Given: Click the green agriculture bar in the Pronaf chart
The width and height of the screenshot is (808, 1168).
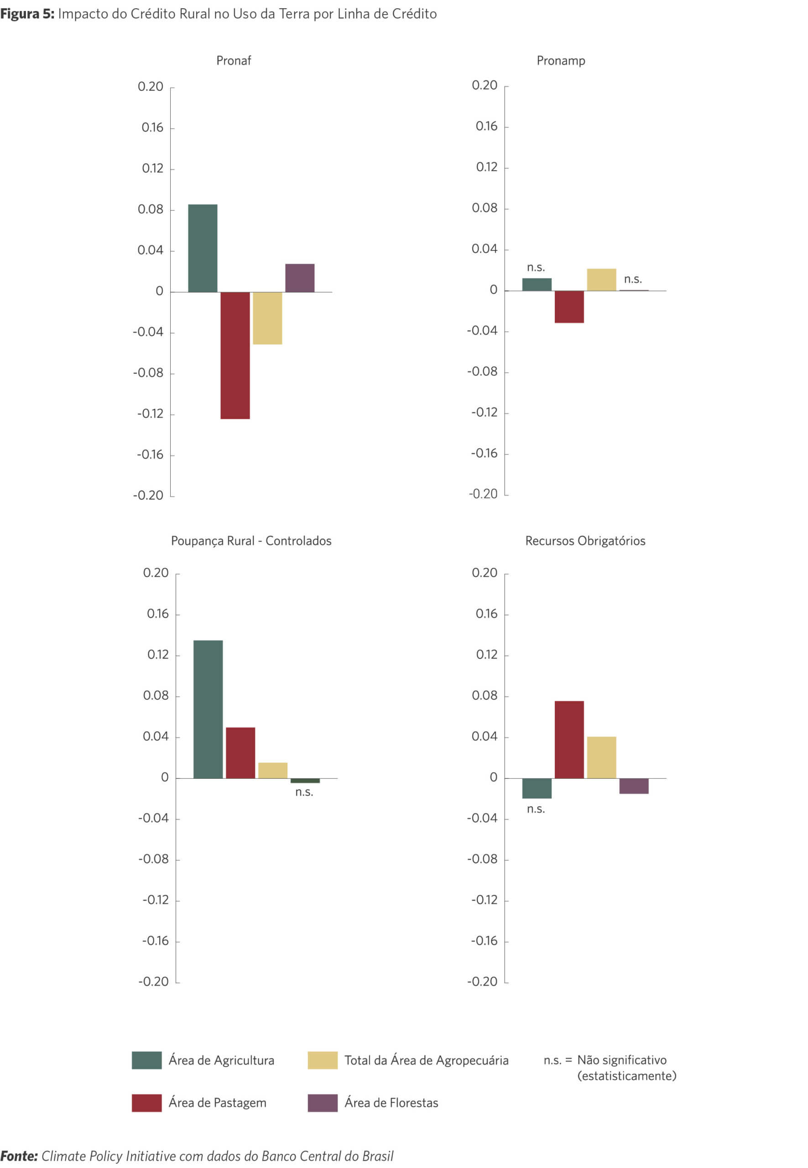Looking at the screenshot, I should coord(203,248).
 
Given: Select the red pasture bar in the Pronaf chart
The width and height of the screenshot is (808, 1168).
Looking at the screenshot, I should coord(235,355).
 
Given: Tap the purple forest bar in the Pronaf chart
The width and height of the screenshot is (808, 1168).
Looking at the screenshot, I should coord(300,278).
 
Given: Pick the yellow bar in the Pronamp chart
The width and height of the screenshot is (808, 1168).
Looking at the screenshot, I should coord(601,280).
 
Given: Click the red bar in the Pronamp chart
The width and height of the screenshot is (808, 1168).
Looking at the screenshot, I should coord(569,307).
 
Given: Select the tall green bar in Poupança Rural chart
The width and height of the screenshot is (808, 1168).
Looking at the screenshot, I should coord(208,709).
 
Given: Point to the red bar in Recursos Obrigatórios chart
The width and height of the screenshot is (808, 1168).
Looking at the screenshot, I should coord(569,739).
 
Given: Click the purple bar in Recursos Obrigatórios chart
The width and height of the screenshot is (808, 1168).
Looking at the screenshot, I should coord(634,786).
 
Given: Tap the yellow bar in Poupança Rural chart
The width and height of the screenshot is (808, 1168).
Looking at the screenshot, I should coord(273,770).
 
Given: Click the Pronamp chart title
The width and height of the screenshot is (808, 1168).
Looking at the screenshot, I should coord(561,61).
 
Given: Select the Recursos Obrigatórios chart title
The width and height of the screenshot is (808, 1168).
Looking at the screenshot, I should coord(585,541).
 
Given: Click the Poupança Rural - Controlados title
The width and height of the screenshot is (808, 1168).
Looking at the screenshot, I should coord(251,541).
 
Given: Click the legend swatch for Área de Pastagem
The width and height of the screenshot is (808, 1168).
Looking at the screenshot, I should coord(146,1103).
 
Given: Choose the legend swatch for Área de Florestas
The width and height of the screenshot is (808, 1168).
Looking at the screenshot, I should coord(323,1103).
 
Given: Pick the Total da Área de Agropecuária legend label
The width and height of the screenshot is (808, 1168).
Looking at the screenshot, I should coord(426,1060).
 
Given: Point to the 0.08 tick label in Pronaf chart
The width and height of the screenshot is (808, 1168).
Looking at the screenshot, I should coord(151,209).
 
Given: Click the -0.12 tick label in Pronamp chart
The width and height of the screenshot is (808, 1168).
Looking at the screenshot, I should coord(485,412).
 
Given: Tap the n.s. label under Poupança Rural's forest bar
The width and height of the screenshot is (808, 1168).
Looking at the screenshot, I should coord(304,792).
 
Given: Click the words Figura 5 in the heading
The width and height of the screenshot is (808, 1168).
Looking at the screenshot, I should coord(27,14).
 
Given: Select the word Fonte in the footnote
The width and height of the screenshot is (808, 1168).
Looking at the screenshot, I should coord(19,1156).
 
